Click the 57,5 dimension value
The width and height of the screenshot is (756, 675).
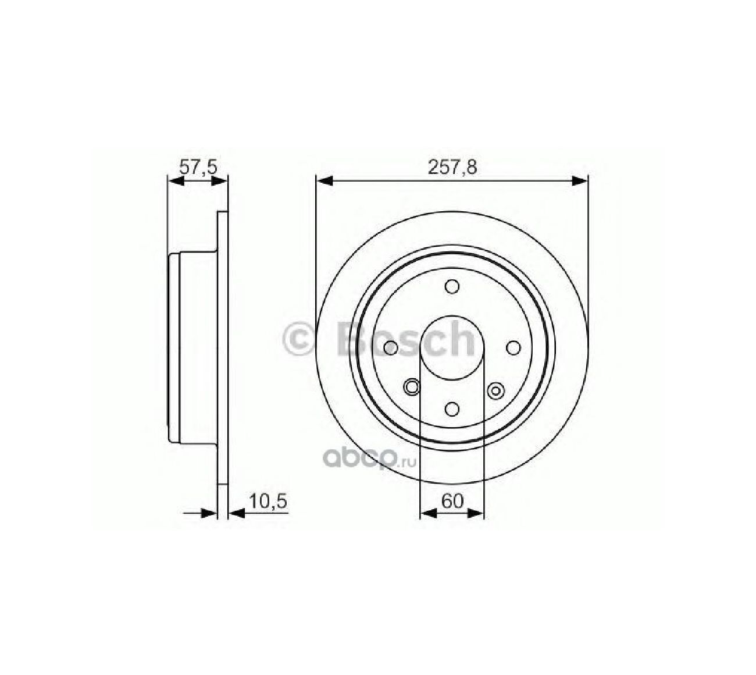point(198,166)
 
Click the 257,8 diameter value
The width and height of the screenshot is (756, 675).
point(452,166)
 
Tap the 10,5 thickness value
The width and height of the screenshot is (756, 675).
point(268,501)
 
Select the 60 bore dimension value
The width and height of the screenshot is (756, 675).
point(452,501)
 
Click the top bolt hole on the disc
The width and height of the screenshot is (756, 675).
point(452,286)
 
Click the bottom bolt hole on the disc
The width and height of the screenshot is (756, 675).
point(452,409)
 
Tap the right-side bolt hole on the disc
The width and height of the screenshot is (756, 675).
point(513,347)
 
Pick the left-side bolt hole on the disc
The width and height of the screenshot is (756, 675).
point(391,347)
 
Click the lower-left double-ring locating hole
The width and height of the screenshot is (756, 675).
point(411,386)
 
